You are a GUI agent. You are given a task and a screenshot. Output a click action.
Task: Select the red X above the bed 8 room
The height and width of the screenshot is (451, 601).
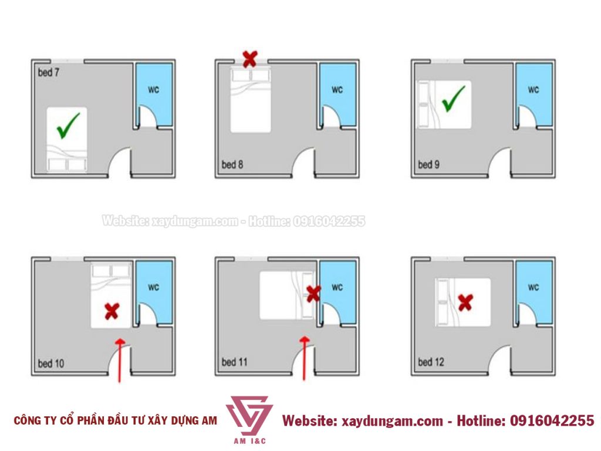click(250, 59)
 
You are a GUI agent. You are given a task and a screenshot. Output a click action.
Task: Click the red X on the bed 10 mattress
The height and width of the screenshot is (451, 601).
click(112, 311)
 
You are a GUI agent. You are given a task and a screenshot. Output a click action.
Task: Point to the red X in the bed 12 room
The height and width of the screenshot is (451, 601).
click(465, 302)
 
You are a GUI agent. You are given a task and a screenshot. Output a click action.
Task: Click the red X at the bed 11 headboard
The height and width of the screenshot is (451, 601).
click(313, 294)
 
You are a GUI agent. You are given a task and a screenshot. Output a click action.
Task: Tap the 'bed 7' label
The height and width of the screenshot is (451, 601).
click(49, 72)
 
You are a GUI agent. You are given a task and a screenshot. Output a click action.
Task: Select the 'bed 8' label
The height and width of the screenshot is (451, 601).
click(232, 164)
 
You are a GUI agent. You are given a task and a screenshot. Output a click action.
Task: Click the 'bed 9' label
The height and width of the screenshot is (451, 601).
click(428, 164)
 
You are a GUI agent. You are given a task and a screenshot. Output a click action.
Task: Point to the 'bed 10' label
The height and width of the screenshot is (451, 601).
click(51, 363)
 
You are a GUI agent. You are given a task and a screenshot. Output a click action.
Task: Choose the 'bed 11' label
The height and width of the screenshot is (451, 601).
click(235, 362)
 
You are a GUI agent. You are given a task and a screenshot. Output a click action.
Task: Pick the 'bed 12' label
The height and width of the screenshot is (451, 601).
click(431, 362)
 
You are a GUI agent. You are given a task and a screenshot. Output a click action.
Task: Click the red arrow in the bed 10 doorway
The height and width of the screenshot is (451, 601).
click(120, 361)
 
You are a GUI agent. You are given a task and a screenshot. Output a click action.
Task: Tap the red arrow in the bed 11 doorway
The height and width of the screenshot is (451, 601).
click(305, 358)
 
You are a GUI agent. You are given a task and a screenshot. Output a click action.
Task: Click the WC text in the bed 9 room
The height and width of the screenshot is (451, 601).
click(533, 90)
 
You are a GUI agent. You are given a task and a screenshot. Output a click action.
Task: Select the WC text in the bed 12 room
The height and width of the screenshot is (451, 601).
click(533, 287)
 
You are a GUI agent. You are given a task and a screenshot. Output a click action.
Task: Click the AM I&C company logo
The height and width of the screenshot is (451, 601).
click(249, 419)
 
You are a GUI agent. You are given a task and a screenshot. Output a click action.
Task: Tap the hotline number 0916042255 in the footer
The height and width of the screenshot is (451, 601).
click(552, 420)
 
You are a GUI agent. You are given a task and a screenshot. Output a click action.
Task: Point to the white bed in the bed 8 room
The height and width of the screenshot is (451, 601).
click(251, 100)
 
